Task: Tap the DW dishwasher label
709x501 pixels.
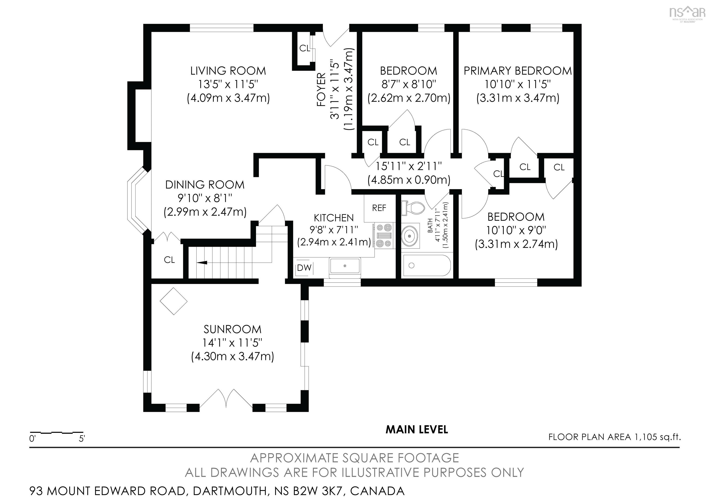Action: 304,268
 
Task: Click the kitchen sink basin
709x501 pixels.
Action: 345,266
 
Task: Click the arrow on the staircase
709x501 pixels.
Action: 202,263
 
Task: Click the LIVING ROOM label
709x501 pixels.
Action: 228,71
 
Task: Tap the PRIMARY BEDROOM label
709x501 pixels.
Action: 517,71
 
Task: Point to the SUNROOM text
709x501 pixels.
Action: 232,329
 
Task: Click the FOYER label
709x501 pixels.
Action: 321,90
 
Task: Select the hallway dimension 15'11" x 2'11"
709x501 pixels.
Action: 409,166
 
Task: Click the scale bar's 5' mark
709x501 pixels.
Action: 81,439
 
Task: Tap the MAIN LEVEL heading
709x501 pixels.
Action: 417,429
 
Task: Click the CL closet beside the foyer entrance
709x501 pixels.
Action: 304,48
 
